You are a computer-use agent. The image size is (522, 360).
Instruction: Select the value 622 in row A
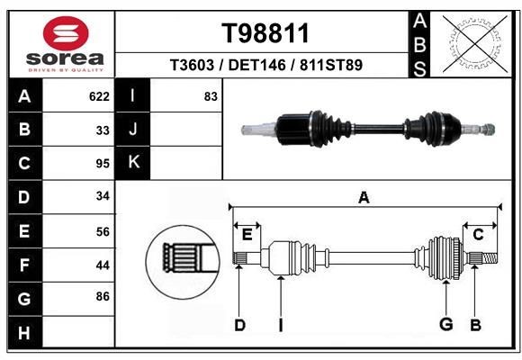tap(99, 96)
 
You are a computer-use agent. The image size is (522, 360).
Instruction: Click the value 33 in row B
tap(103, 130)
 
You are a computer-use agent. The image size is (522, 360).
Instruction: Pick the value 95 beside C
tap(103, 164)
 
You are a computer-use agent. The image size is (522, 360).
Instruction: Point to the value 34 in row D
tap(103, 196)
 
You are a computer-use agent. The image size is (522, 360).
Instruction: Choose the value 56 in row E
tap(103, 230)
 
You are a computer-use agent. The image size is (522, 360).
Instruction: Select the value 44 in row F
tap(103, 265)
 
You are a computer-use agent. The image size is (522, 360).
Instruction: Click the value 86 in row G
tap(103, 295)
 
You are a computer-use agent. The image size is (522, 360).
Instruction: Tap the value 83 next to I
tap(211, 96)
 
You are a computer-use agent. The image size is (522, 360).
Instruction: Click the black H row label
tap(23, 333)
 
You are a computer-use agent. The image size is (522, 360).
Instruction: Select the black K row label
tap(133, 163)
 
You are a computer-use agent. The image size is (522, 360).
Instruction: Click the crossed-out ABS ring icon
tap(473, 42)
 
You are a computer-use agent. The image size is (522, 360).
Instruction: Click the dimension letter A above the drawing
tap(364, 197)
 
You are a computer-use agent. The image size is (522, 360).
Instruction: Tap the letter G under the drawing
tap(445, 325)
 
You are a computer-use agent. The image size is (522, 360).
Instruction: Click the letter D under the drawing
tap(239, 325)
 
